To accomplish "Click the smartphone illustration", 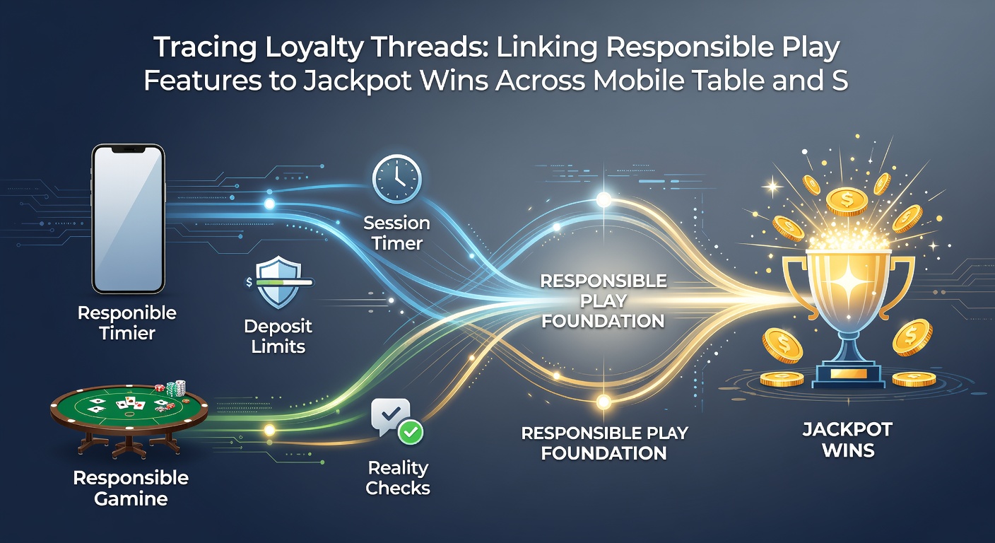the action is [x=129, y=218].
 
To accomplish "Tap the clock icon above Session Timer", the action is [x=396, y=179].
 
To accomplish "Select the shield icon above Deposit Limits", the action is [x=278, y=282].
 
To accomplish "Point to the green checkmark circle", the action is [x=411, y=431].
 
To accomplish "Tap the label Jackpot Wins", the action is [x=847, y=440].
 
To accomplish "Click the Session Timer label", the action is [x=396, y=233].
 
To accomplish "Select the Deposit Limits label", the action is [x=278, y=336].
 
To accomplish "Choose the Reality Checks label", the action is [x=398, y=478].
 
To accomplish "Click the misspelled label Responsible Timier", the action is [x=127, y=322].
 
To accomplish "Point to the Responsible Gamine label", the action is [x=131, y=488].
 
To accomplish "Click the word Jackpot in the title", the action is [x=358, y=81].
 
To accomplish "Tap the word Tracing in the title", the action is [x=205, y=47].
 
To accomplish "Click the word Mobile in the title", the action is [x=638, y=80].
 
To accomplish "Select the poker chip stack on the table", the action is [x=175, y=388].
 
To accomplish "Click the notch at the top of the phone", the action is [x=129, y=150].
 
